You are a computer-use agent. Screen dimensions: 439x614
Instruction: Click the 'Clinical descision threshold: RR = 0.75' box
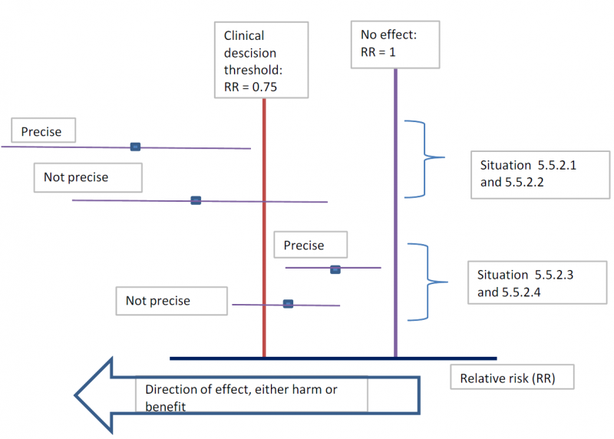(261, 60)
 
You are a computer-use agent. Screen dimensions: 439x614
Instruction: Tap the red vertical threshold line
(264, 230)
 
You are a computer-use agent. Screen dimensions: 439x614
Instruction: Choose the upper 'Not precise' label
(87, 177)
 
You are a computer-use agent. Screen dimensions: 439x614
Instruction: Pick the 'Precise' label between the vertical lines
(310, 246)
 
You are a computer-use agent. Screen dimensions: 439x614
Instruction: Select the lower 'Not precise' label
(172, 301)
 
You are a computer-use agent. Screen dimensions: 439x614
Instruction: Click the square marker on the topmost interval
(135, 146)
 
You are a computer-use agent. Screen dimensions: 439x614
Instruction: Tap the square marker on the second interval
(196, 200)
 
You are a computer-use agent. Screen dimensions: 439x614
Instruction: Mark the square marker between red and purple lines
(335, 269)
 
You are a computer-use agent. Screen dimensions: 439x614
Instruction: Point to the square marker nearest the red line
(288, 304)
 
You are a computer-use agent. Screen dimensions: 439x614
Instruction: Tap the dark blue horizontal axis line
(333, 358)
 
